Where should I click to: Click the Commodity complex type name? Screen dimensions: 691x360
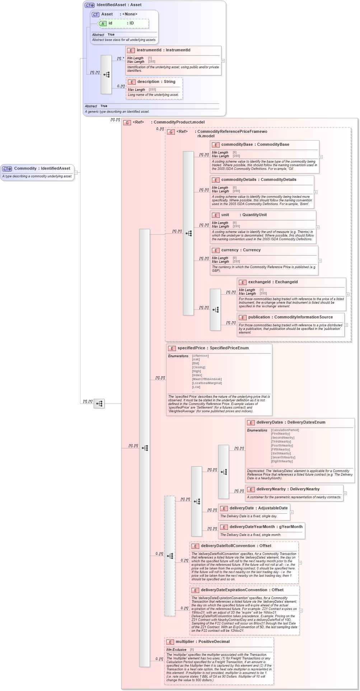25,168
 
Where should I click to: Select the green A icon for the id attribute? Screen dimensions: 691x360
103,23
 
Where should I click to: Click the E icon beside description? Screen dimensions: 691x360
131,82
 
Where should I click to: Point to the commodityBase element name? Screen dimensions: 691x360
237,145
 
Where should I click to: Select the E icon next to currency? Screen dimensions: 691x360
216,250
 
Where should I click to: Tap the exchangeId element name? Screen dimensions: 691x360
260,282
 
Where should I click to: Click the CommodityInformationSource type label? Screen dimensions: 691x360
303,317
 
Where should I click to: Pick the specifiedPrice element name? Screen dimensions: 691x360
191,348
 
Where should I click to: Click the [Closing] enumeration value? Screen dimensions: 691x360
198,367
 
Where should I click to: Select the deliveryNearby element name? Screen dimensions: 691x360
271,489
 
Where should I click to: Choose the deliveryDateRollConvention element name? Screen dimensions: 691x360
228,546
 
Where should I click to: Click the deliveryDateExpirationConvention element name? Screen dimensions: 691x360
234,590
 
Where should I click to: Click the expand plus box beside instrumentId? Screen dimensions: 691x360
223,61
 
